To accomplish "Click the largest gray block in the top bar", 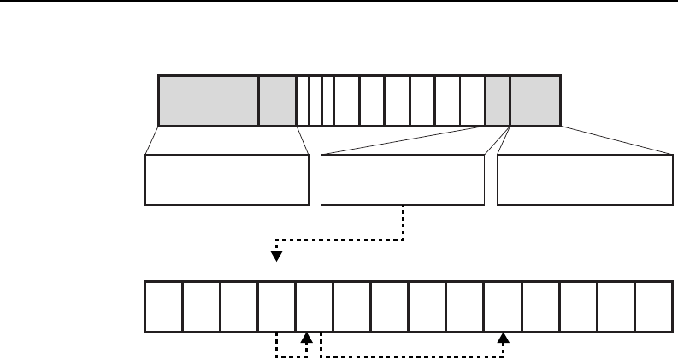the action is [209, 100].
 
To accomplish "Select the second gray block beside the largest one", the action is [277, 100].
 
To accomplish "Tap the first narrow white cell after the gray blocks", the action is [302, 100].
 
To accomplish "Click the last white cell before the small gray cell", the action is [473, 100].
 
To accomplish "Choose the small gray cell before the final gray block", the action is [498, 100].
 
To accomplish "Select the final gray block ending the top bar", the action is [535, 100].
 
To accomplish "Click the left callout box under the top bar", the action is [227, 180].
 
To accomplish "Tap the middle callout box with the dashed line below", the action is [402, 180].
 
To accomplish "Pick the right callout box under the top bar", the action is [585, 180].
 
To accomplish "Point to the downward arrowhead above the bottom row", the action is [276, 255].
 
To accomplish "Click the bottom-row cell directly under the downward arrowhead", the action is [276, 305].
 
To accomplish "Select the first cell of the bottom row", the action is [163, 305].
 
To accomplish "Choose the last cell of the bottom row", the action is [653, 305].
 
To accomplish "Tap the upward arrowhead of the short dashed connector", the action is [305, 339].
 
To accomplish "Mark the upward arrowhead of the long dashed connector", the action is [503, 339].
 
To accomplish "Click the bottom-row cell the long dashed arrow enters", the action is [503, 305].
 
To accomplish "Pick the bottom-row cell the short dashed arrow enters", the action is [314, 305].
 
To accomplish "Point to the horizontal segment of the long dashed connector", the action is [410, 356].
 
